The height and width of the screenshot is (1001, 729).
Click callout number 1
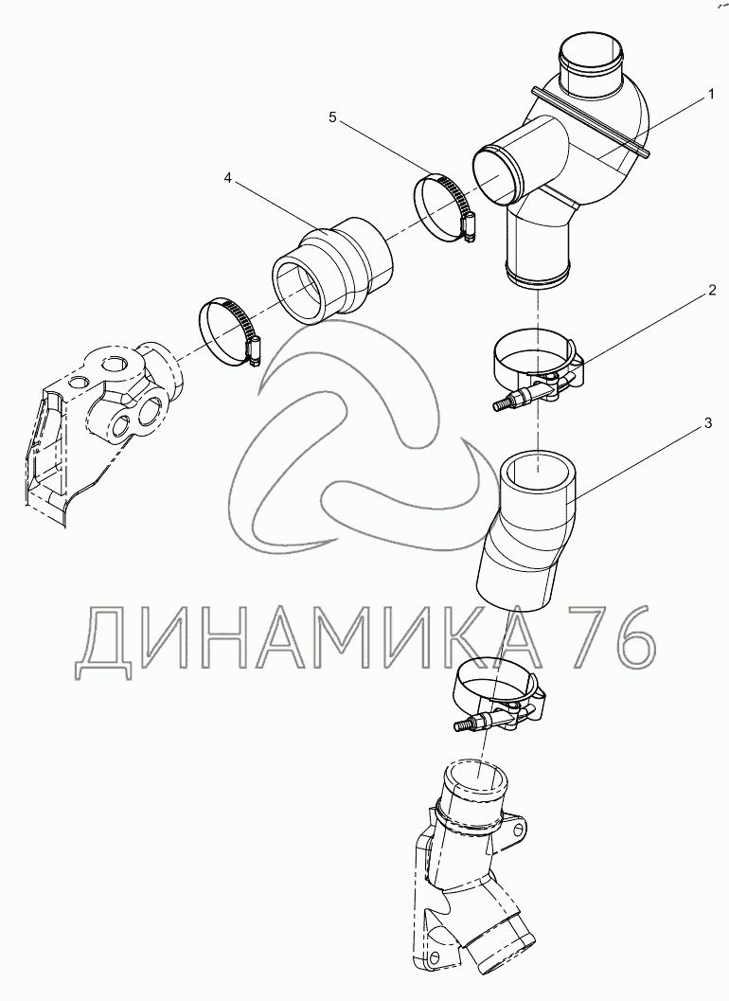coord(710,95)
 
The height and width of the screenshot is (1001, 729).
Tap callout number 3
coord(707,424)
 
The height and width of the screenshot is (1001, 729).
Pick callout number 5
coord(332,116)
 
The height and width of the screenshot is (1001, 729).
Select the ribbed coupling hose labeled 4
coord(333,269)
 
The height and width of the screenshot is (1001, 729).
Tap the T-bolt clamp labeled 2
coord(539,367)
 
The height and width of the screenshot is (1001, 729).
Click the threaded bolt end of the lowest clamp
coord(465,725)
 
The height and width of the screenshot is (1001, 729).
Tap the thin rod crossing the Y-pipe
coord(591,121)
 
